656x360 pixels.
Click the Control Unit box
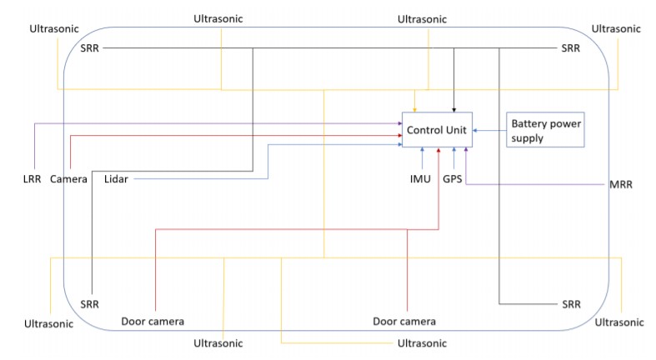437,130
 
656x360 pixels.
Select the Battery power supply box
545,130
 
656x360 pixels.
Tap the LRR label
33,179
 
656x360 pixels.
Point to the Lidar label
116,179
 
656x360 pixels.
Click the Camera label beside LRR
68,179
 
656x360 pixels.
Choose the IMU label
420,179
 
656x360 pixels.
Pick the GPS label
453,179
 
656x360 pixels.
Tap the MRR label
621,184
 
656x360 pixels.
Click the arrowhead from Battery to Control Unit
475,131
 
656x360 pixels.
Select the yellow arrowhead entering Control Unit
414,110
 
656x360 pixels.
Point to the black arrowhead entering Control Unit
454,110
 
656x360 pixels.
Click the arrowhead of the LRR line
400,123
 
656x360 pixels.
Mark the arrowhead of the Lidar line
400,144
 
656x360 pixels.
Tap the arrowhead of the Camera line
400,136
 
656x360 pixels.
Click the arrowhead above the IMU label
422,149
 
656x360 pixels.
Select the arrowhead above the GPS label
454,149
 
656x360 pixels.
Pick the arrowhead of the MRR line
466,149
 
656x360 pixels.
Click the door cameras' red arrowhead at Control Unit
438,149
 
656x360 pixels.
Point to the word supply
527,138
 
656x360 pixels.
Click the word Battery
528,124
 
